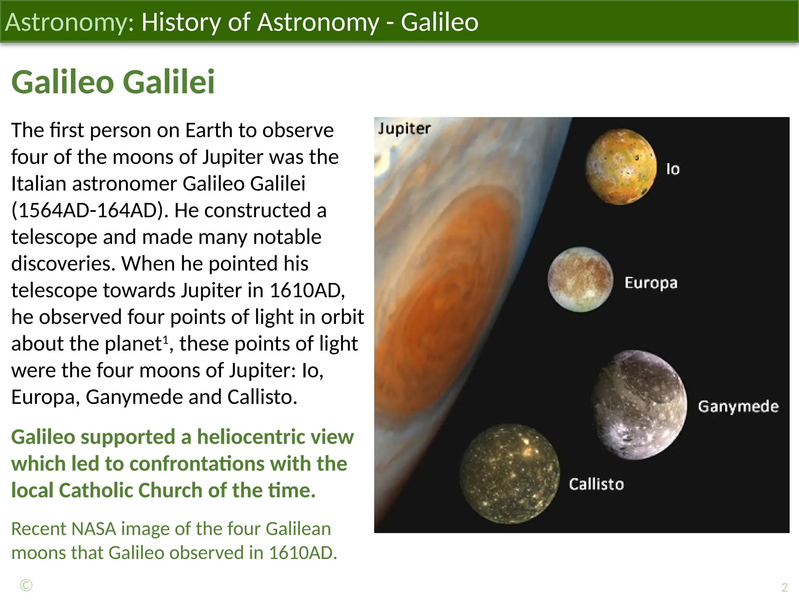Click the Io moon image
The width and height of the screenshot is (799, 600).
[x=621, y=167]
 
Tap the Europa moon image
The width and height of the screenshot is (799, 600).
[x=580, y=279]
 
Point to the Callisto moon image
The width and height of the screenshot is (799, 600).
[x=509, y=474]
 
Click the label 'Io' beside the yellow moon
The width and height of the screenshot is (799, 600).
[x=673, y=169]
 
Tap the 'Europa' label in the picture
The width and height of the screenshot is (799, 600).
[x=651, y=283]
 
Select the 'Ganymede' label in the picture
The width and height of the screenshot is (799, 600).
[x=738, y=407]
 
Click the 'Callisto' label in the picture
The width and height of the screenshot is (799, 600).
[x=596, y=484]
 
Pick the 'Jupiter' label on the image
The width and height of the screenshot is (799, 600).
[x=404, y=129]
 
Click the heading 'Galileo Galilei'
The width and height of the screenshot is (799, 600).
[x=113, y=82]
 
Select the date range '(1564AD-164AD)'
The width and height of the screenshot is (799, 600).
[x=90, y=211]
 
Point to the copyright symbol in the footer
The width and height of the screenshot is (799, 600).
[x=26, y=586]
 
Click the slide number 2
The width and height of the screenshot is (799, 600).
[x=784, y=587]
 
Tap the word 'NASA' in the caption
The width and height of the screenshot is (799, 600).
[x=94, y=529]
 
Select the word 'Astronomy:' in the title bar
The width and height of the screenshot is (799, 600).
[x=69, y=22]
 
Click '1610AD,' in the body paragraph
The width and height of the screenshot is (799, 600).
[x=307, y=291]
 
